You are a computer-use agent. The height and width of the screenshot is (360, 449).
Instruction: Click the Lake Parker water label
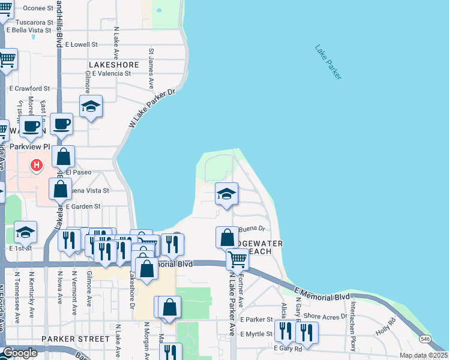point(328,62)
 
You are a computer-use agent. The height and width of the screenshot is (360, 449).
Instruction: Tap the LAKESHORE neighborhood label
point(113,64)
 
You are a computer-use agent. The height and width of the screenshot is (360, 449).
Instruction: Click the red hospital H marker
point(37,164)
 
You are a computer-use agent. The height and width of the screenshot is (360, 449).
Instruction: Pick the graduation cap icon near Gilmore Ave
point(91,107)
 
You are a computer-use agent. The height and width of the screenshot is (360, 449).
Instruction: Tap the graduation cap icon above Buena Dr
point(226,194)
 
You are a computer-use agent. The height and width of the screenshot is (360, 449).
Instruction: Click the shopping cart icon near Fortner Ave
point(238,260)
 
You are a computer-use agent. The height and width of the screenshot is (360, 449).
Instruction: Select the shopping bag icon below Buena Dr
point(228,238)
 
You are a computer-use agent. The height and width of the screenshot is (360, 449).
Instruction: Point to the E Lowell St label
point(81,44)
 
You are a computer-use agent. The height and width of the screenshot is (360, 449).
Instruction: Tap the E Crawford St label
point(34,88)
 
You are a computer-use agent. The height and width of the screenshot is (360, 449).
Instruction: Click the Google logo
point(20,353)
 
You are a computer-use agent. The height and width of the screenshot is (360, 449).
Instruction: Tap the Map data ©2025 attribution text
point(423,355)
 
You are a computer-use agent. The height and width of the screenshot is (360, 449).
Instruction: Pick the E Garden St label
point(83,206)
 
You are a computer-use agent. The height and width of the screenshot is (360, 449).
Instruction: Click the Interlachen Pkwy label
point(354,316)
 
